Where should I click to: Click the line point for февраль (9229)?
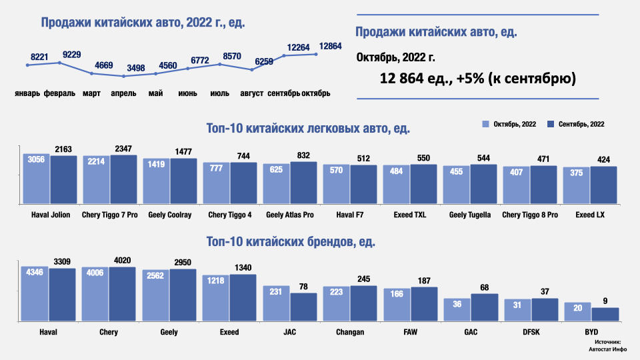click(x=59, y=63)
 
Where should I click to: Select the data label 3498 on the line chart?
click(x=135, y=68)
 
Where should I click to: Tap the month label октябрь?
click(x=316, y=93)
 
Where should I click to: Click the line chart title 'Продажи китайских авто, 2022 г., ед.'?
click(x=143, y=23)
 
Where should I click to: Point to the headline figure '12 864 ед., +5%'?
click(x=478, y=78)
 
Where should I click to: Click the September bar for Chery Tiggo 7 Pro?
click(x=123, y=179)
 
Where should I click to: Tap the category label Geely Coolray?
click(x=170, y=215)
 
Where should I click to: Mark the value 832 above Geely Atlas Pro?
click(x=303, y=155)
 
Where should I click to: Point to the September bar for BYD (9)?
click(x=605, y=313)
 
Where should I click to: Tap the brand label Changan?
click(x=350, y=332)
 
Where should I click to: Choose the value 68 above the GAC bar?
click(x=484, y=287)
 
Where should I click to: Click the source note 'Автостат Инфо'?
click(x=605, y=347)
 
